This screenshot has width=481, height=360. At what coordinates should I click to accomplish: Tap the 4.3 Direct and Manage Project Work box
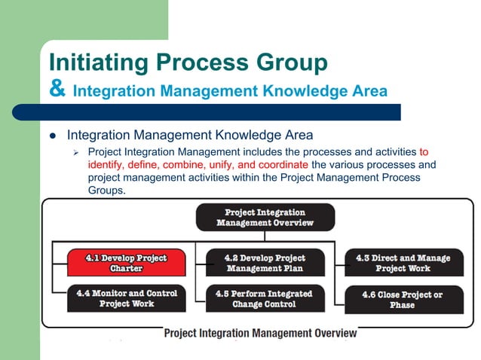[403, 263]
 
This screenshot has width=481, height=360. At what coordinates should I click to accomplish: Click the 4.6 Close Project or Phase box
[403, 299]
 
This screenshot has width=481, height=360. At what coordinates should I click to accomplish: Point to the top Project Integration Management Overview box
[265, 218]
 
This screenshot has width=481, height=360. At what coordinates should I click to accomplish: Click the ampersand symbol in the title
[57, 90]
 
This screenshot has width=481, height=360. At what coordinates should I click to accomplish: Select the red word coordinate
[279, 164]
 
